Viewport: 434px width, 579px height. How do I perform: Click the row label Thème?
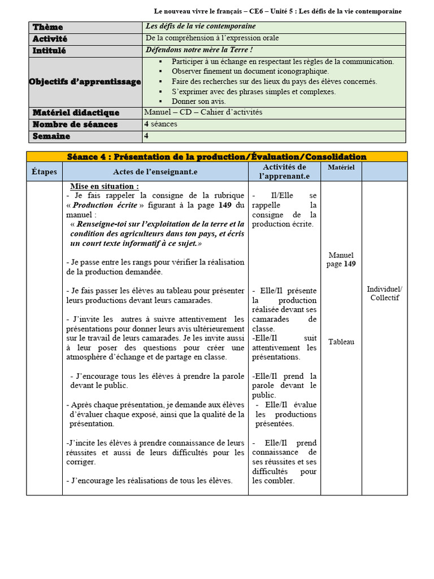tap(47, 27)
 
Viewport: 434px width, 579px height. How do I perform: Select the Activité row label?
tap(50, 39)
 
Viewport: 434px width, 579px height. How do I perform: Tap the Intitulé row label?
tap(49, 51)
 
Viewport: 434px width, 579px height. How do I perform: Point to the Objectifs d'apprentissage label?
tap(85, 82)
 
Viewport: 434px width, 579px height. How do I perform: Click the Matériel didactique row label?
tap(76, 113)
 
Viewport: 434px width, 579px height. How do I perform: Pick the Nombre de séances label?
tap(75, 125)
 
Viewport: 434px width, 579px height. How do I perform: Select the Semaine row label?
tap(51, 136)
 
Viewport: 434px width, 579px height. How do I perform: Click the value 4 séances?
tap(160, 124)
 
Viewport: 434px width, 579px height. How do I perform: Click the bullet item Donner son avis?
tap(198, 102)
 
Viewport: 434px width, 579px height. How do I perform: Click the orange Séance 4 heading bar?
tap(216, 157)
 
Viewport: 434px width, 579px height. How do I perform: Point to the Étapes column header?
tap(44, 171)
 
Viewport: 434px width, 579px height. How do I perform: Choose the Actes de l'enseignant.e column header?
tap(155, 171)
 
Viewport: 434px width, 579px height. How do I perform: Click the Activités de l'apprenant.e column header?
tap(284, 171)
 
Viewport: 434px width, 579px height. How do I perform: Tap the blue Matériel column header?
tap(341, 167)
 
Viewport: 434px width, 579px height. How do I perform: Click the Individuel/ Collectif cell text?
tap(384, 293)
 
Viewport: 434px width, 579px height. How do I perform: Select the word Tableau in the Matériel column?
tap(341, 342)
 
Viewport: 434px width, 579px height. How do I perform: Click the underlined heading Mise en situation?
tap(104, 187)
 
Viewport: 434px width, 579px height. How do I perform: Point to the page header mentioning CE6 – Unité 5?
tap(277, 11)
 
